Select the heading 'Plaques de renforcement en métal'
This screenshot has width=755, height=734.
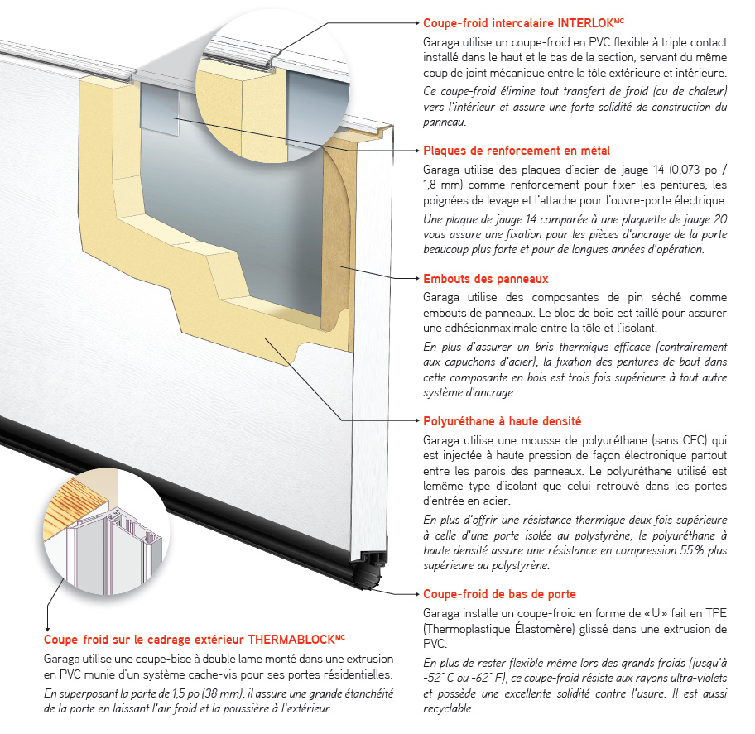517,151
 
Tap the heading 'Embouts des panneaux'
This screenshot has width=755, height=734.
485,279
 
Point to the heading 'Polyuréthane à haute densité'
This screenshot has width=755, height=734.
502,420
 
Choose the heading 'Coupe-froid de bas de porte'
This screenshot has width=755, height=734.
499,593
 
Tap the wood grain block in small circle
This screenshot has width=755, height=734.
79,506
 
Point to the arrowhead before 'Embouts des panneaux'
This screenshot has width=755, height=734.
416,279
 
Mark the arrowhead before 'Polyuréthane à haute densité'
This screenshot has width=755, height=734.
416,420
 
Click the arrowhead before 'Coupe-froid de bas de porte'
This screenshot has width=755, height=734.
416,593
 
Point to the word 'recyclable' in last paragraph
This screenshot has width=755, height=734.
448,708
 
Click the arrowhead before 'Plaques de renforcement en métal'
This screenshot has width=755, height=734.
416,151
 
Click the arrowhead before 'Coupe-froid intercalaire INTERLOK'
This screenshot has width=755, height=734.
416,23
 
